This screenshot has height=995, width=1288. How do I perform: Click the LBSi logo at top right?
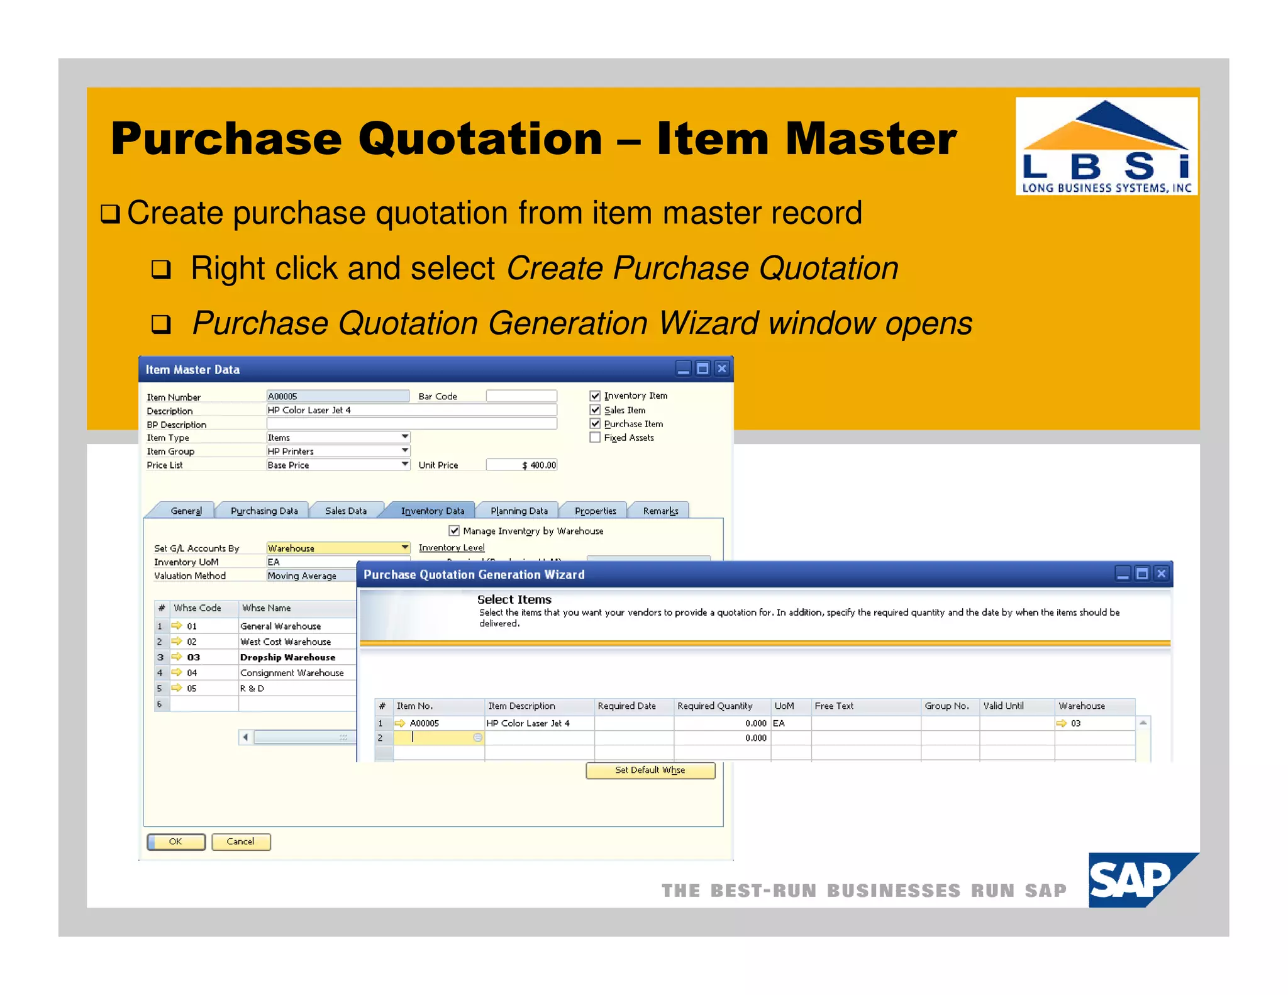coord(1106,146)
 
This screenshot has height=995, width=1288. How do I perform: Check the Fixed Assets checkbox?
coord(595,438)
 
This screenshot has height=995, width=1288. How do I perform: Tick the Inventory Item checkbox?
coord(595,396)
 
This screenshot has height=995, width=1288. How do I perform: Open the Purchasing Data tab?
coord(264,511)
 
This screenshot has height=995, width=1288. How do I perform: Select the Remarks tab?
coord(660,511)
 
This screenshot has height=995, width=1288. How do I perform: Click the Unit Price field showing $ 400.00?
coord(521,465)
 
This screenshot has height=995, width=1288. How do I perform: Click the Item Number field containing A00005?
coord(337,396)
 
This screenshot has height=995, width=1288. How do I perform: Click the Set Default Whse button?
coord(650,770)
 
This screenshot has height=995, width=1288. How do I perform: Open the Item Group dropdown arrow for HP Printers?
coord(405,451)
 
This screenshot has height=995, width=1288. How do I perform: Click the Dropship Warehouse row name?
coord(287,657)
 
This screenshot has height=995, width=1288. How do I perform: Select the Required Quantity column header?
coord(714,706)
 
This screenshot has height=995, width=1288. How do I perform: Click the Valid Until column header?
coord(1003,706)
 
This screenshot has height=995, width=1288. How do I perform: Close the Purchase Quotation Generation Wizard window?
coord(1161,574)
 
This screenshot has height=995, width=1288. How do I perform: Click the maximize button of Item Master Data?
coord(702,369)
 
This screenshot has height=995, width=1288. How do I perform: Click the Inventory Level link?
coord(452,548)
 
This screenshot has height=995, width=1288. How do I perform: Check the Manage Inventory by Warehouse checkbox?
coord(454,531)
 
